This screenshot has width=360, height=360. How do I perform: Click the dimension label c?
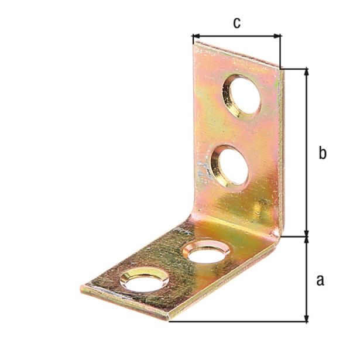click(x=236, y=23)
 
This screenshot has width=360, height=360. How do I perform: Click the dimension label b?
click(x=322, y=153)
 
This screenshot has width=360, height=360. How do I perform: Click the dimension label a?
click(x=320, y=280)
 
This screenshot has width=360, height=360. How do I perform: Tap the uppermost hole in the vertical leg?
click(x=244, y=94)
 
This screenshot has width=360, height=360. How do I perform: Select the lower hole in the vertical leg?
click(x=230, y=166)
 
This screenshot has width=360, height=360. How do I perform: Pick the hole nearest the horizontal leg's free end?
click(x=144, y=280)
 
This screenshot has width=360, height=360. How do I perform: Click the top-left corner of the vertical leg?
click(x=194, y=42)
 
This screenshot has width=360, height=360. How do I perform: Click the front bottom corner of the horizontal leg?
click(x=169, y=320)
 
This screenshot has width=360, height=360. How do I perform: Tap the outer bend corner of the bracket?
click(x=280, y=236)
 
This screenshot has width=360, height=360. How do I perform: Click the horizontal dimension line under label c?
click(x=236, y=36)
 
